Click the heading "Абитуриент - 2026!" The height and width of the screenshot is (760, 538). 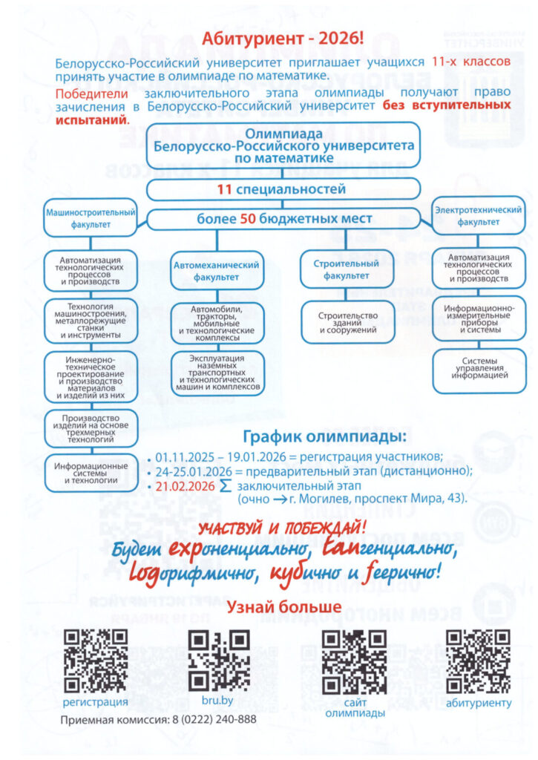tap(283, 39)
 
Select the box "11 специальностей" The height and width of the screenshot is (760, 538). tap(283, 189)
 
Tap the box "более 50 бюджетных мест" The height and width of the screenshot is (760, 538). tap(283, 219)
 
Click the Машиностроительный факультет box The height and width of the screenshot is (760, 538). tap(91, 217)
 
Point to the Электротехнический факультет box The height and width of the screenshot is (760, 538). tap(479, 216)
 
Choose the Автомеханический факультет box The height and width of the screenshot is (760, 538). tap(217, 270)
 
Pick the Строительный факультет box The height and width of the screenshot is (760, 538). tap(346, 269)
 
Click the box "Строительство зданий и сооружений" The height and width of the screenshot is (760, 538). tap(348, 322)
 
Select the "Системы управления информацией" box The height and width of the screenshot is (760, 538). tap(479, 370)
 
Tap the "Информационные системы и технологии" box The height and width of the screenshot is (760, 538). tap(91, 473)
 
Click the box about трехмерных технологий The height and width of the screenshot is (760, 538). tap(91, 429)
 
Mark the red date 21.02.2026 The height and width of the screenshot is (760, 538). tap(186, 486)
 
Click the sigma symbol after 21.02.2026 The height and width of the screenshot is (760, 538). tap(226, 486)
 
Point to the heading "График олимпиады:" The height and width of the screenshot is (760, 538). tap(324, 436)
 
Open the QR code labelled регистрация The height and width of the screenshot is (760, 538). tap(96, 661)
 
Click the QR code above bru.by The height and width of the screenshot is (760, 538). tap(219, 661)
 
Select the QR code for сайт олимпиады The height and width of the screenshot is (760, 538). tap(354, 662)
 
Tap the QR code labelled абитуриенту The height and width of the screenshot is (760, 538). tap(478, 661)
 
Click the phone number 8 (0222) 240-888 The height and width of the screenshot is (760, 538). tap(214, 719)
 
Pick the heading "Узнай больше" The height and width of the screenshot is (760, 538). tap(284, 606)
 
